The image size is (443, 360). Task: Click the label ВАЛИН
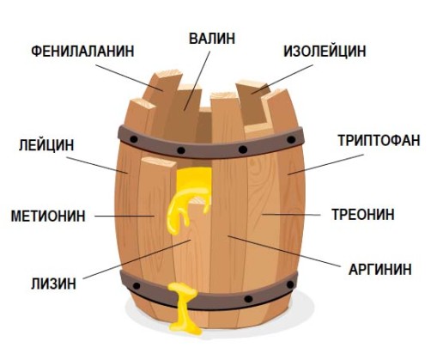pyautogui.click(x=212, y=39)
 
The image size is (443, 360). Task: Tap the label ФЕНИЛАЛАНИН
pyautogui.click(x=82, y=52)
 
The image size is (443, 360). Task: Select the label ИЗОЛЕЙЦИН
pyautogui.click(x=325, y=52)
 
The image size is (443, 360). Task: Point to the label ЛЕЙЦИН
pyautogui.click(x=46, y=145)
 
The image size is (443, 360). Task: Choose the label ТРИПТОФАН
pyautogui.click(x=379, y=140)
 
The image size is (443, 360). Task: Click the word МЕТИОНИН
pyautogui.click(x=48, y=216)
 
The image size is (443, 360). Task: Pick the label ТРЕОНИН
pyautogui.click(x=363, y=214)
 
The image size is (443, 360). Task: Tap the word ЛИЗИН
pyautogui.click(x=53, y=284)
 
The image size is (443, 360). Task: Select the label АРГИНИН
pyautogui.click(x=380, y=270)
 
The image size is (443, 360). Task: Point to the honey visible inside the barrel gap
pyautogui.click(x=191, y=195)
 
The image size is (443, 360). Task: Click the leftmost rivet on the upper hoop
pyautogui.click(x=134, y=139)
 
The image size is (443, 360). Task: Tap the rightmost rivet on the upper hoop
pyautogui.click(x=291, y=140)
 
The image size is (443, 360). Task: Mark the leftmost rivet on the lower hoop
pyautogui.click(x=137, y=285)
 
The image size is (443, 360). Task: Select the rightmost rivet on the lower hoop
pyautogui.click(x=290, y=284)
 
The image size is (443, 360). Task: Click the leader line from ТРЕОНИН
pyautogui.click(x=291, y=214)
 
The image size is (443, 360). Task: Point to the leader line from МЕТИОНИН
pyautogui.click(x=124, y=216)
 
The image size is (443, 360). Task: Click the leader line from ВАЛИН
pyautogui.click(x=197, y=81)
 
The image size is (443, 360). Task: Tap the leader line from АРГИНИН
pyautogui.click(x=284, y=251)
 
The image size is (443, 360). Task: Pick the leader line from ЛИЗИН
pyautogui.click(x=137, y=259)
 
